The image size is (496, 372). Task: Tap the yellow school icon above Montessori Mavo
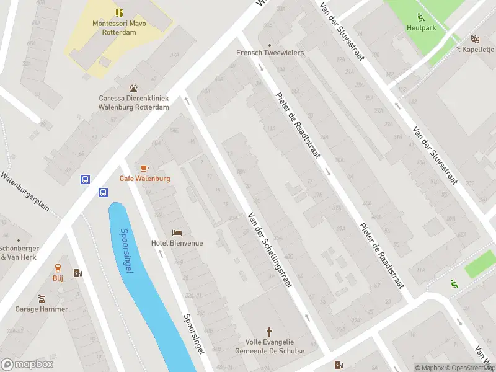pos(118,12)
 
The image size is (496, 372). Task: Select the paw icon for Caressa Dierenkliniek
pos(133,89)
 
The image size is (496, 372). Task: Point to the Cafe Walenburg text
pos(144,179)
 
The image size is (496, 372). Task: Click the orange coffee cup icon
pos(144,168)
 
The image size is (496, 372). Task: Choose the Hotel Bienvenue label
pos(177,243)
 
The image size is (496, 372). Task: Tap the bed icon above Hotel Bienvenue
pos(177,232)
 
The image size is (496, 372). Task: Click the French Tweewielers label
pos(270,53)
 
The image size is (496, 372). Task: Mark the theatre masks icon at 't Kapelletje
pos(475,38)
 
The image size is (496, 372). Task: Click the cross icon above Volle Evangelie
pos(269,332)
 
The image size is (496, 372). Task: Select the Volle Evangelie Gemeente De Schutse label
pos(269,346)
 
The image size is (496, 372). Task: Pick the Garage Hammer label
pos(35,309)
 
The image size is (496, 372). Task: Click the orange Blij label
pos(58,278)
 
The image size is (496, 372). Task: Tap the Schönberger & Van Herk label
pos(19,252)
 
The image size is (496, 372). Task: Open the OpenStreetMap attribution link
pos(470,368)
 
